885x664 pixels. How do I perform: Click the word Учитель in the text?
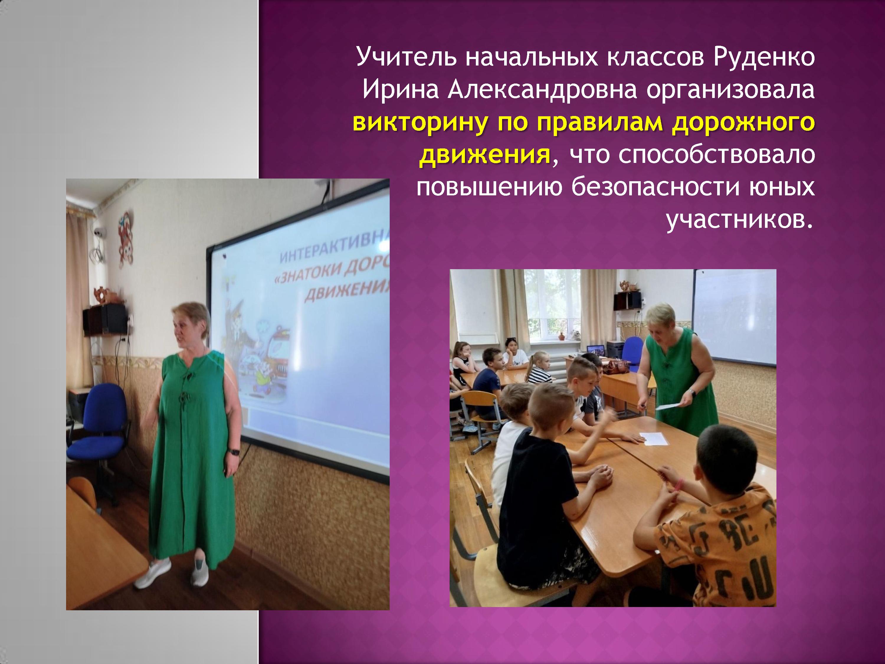point(406,57)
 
